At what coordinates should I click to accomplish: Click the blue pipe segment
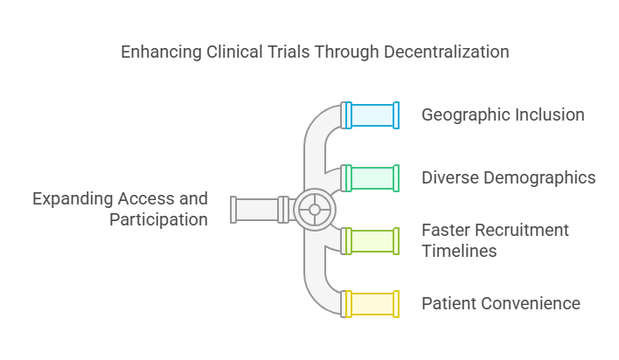371,115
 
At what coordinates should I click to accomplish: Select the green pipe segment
371,177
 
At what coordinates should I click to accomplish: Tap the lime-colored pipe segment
371,240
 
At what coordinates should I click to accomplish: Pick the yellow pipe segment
371,303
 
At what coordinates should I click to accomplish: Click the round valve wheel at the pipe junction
315,210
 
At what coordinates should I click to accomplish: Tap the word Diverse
449,178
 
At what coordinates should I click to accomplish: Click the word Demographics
539,178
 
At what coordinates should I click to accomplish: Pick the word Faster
446,231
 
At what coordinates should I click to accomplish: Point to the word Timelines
459,252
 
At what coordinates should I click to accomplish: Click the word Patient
449,304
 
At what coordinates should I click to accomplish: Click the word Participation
158,220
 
